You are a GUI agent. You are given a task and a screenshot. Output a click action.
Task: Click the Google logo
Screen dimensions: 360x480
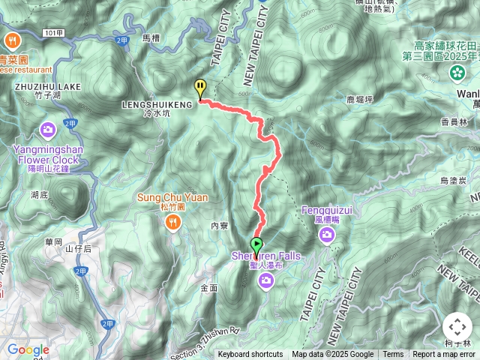[28, 349]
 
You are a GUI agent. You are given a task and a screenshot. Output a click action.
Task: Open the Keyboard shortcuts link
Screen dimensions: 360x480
[250, 355]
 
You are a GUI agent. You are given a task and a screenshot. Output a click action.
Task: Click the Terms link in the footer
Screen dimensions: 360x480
[393, 355]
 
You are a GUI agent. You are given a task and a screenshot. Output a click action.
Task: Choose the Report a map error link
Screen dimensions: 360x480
[444, 355]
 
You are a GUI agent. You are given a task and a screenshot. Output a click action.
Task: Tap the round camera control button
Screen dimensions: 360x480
[457, 327]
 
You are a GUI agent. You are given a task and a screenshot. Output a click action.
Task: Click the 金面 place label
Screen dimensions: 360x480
[209, 287]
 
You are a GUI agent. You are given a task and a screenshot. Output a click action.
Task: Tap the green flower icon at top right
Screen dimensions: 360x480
[457, 72]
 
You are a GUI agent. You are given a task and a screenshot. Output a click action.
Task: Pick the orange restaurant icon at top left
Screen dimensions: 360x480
[12, 40]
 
